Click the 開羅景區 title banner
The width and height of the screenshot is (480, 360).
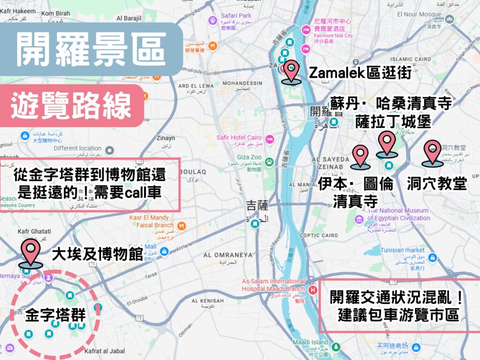pyautogui.click(x=91, y=50)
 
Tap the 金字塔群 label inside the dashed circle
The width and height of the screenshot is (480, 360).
pyautogui.click(x=55, y=314)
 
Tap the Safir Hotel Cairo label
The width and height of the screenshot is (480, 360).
pyautogui.click(x=239, y=137)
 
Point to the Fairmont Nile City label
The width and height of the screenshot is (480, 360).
pyautogui.click(x=333, y=36)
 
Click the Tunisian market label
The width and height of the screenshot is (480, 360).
pyautogui.click(x=402, y=250)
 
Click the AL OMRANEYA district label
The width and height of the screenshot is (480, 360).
pyautogui.click(x=228, y=255)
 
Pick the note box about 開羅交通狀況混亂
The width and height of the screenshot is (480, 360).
pyautogui.click(x=398, y=306)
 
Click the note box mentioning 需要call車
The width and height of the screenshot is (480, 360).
pyautogui.click(x=90, y=184)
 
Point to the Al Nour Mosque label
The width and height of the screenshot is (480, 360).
pyautogui.click(x=420, y=15)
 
